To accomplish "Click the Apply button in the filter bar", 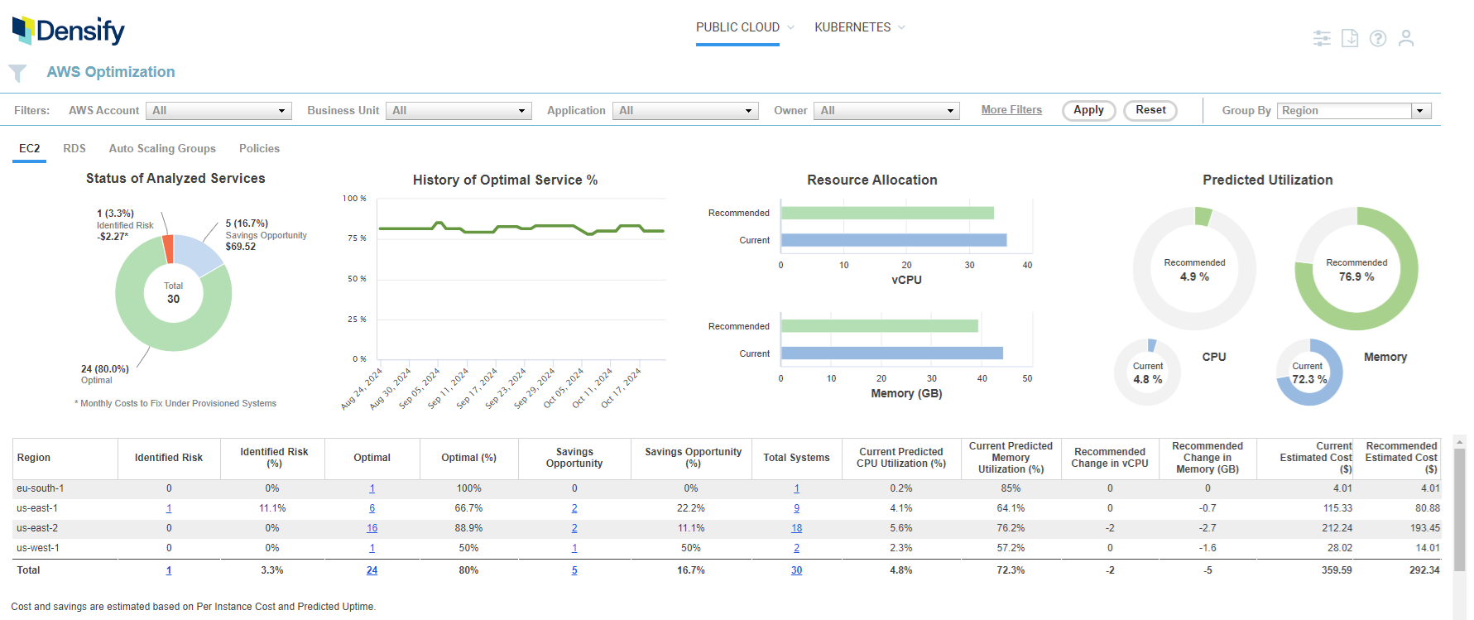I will (x=1088, y=110).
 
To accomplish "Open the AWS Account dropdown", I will (x=218, y=111).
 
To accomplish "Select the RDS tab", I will (x=74, y=148).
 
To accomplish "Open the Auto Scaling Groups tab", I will (x=162, y=148).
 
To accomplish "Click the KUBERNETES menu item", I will (x=852, y=27).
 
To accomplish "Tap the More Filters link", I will (x=1011, y=110).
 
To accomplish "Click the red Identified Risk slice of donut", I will (x=168, y=248).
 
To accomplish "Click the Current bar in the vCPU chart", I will (x=893, y=240).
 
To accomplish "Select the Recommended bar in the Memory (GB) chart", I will (x=879, y=326).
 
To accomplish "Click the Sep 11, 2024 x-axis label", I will (x=448, y=388).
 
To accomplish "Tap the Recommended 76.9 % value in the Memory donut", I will (x=1356, y=276).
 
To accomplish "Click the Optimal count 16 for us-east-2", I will (x=372, y=528).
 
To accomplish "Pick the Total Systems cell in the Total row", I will (x=796, y=570).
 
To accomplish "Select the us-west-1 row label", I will (x=38, y=548).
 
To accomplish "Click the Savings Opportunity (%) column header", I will (x=693, y=458).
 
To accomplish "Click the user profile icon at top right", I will (x=1405, y=38).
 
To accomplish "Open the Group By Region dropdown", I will (x=1355, y=111).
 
